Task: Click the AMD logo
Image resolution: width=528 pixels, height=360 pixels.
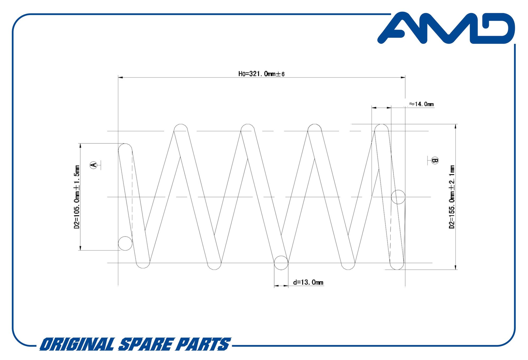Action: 446,28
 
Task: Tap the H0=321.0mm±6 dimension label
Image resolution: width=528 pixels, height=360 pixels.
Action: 261,74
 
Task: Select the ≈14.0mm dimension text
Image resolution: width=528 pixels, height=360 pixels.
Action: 422,104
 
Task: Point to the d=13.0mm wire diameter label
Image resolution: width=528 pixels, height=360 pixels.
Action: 308,282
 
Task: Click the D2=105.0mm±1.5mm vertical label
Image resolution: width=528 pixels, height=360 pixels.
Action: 77,197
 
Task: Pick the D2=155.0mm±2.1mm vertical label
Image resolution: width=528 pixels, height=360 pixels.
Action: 452,197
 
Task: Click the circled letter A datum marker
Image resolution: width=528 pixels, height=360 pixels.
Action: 93,165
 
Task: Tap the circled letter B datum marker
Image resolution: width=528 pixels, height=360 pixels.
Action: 435,160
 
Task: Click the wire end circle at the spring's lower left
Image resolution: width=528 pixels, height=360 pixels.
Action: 125,243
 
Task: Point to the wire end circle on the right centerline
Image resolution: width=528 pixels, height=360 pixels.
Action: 398,197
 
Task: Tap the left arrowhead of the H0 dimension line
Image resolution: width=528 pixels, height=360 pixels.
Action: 120,77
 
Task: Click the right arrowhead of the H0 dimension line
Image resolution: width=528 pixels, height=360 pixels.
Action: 403,77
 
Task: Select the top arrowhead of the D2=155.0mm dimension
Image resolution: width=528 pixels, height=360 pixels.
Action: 456,127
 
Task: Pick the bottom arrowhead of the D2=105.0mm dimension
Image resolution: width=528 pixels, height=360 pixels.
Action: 80,248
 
